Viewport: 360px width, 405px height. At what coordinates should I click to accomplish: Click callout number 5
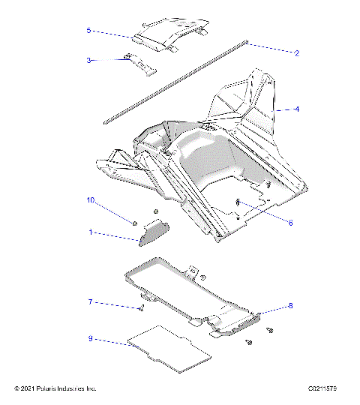pos(88,31)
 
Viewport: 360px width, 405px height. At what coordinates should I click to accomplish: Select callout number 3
pos(88,60)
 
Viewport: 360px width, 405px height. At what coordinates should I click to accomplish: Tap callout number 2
pos(297,53)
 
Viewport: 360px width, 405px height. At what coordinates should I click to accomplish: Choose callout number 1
pos(91,233)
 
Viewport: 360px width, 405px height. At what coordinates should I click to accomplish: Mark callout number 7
pos(90,302)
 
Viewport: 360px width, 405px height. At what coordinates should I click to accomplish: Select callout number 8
pos(290,306)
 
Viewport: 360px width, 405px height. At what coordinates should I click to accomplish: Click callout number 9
pos(90,338)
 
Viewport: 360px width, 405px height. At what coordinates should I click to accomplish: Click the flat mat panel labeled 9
pos(169,349)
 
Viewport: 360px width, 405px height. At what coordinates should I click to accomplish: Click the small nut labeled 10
pos(133,223)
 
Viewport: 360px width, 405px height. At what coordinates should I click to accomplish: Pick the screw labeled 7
pos(141,307)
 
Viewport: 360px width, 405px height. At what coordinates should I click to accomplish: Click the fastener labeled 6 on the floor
pos(238,202)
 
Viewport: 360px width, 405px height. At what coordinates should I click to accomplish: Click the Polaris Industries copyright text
pos(55,388)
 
